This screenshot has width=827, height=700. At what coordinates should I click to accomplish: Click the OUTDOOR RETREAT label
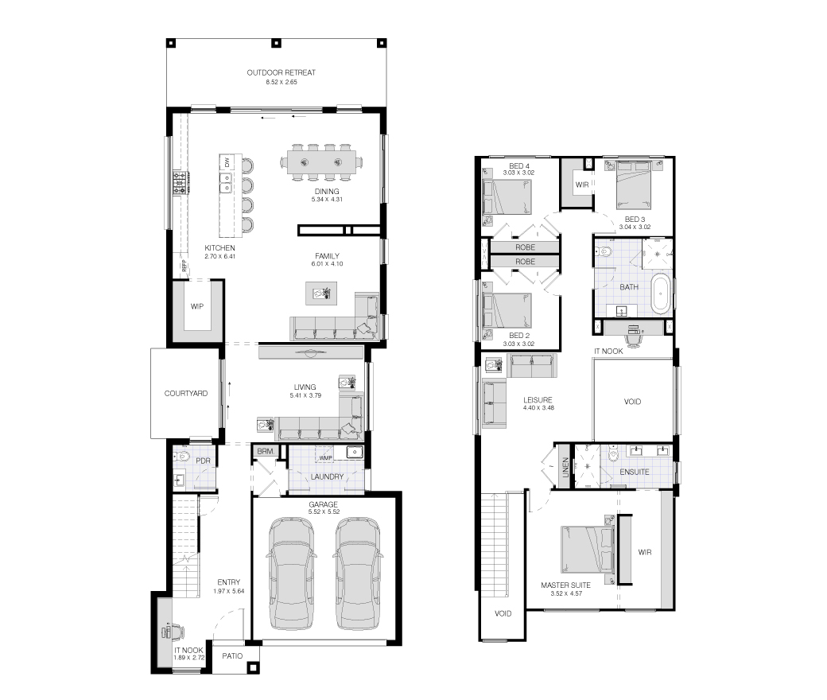281,73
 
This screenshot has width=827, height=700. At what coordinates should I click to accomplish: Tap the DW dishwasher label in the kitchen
227,162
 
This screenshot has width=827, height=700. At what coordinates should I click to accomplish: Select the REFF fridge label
184,266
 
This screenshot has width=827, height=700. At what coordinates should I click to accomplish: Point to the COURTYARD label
185,394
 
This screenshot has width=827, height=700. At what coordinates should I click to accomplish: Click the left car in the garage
293,574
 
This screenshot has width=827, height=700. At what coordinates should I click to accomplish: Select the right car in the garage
358,574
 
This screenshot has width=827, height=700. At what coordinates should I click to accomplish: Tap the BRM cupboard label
266,452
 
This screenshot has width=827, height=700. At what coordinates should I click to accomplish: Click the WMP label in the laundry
325,458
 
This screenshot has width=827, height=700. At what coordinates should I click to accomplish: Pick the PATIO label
232,656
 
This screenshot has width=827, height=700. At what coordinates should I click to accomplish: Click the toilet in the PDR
182,457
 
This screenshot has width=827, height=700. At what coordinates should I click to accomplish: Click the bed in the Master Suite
588,549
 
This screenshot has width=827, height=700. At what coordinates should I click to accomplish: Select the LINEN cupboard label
565,468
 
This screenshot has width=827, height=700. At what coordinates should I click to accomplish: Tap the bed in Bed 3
634,185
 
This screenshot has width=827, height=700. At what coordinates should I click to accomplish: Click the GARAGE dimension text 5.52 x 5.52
324,511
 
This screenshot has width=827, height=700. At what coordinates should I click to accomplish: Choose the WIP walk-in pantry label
196,306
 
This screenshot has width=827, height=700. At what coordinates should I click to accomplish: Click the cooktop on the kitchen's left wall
180,182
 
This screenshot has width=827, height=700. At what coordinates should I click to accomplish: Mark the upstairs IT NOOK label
608,352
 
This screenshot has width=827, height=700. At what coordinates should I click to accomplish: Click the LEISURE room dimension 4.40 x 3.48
538,408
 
